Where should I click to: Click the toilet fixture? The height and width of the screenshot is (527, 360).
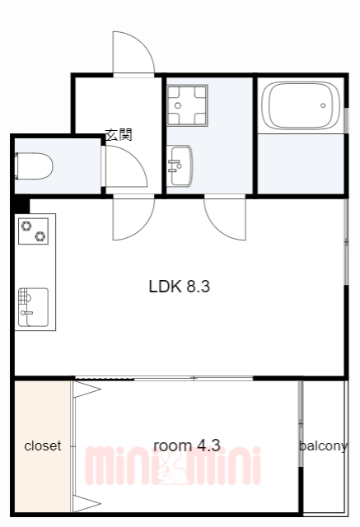[x=34, y=166]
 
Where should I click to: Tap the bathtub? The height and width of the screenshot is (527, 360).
[x=301, y=105]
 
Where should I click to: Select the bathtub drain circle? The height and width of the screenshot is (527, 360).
[x=323, y=105]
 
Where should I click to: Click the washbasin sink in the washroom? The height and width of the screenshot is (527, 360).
[x=180, y=166]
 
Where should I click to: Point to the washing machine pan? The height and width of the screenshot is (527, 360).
[x=187, y=105]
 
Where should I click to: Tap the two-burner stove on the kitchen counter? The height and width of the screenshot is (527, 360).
[x=33, y=231]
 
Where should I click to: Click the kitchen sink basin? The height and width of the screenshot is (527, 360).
[x=33, y=307]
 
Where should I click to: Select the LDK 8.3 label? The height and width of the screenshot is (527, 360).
[x=179, y=287]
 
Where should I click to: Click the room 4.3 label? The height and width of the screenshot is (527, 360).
[x=186, y=445]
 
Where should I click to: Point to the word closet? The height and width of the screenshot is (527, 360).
[x=43, y=446]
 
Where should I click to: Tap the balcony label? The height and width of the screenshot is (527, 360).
[x=324, y=446]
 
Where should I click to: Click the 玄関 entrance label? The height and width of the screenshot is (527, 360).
[x=119, y=135]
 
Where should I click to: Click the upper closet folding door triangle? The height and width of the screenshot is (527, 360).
[x=86, y=389]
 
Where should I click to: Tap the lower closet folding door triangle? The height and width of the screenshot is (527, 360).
[x=86, y=503]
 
